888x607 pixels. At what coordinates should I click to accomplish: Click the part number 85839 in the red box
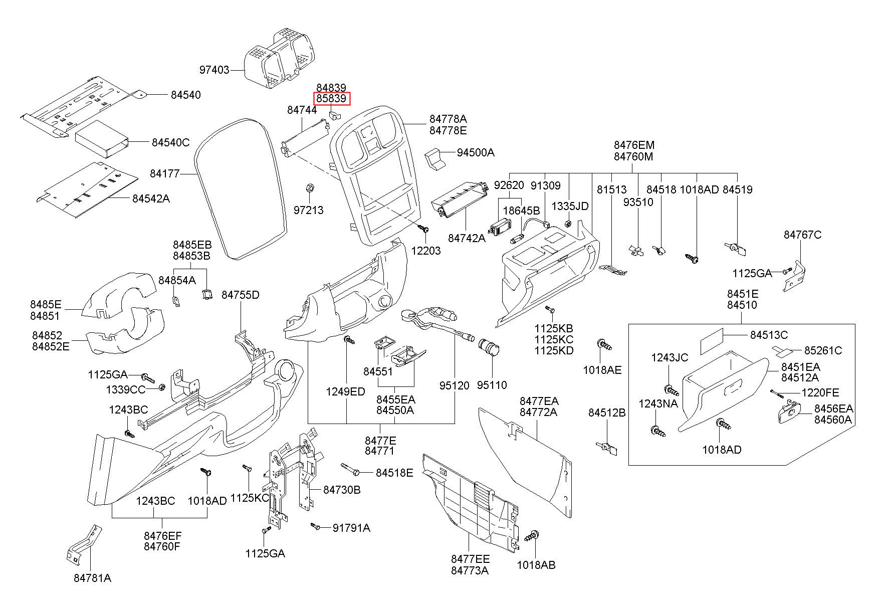(331, 99)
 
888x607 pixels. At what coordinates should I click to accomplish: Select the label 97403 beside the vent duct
(214, 70)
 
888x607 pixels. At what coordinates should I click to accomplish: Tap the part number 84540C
(170, 143)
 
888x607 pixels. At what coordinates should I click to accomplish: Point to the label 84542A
(151, 199)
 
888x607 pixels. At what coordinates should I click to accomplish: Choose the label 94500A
(475, 152)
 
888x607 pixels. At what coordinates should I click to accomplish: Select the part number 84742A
(467, 238)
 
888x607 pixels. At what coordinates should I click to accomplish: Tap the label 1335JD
(570, 207)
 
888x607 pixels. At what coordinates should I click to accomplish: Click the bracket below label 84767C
(793, 276)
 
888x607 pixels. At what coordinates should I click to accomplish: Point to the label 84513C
(769, 335)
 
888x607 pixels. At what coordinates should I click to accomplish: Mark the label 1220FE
(820, 392)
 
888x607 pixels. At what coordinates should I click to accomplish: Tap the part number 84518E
(394, 473)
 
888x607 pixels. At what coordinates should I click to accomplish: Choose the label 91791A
(351, 528)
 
